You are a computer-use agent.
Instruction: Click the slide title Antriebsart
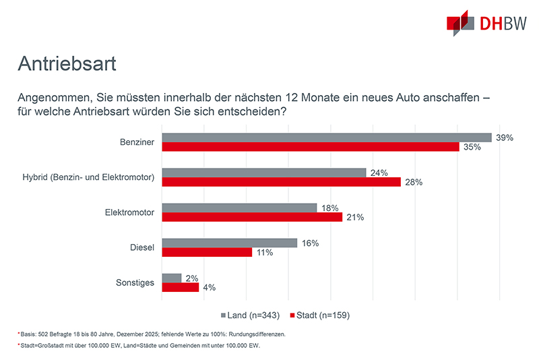(67, 64)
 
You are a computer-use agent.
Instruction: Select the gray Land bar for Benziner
(327, 137)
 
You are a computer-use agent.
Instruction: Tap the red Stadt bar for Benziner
(311, 146)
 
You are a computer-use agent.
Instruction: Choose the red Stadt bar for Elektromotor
(252, 217)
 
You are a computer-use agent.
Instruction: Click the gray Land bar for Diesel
(230, 243)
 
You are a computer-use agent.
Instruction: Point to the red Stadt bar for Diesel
(207, 252)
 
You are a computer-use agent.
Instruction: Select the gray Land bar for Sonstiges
(172, 278)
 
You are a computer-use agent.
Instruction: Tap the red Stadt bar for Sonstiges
(181, 287)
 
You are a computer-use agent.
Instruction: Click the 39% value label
(505, 137)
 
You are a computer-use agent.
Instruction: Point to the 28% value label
(413, 182)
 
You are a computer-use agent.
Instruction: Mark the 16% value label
(310, 243)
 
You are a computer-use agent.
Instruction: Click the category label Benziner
(135, 142)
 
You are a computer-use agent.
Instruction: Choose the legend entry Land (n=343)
(250, 315)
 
